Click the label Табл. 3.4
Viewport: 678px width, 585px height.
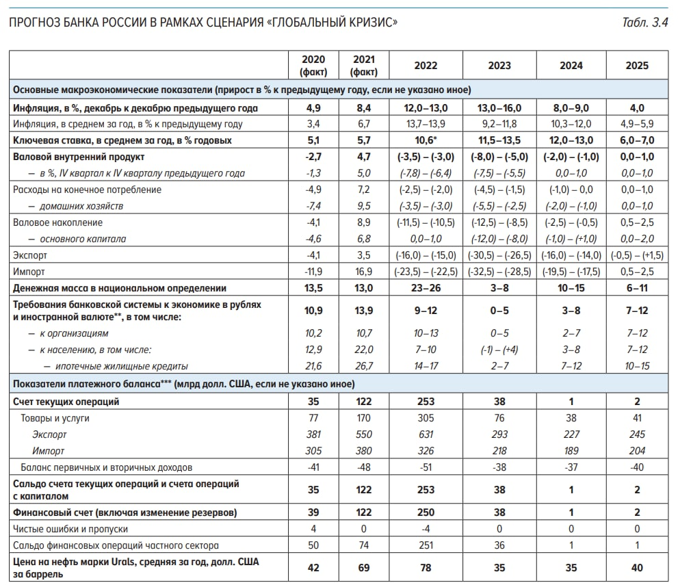(644, 23)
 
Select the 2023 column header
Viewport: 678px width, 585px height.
(499, 66)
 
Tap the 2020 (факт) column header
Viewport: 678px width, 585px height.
(313, 66)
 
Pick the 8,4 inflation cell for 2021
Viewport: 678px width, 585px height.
(363, 108)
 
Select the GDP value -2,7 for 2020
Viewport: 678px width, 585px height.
(313, 157)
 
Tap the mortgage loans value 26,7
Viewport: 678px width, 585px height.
(363, 366)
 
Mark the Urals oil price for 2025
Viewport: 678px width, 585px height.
(636, 567)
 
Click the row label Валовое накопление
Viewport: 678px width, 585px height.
(57, 222)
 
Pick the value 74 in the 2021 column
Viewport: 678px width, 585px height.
(363, 545)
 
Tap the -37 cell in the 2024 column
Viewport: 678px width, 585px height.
(571, 467)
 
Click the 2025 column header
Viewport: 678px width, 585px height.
(636, 66)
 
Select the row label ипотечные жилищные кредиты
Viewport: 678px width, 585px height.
(121, 366)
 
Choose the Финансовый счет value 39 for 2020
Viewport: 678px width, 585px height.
(313, 512)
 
